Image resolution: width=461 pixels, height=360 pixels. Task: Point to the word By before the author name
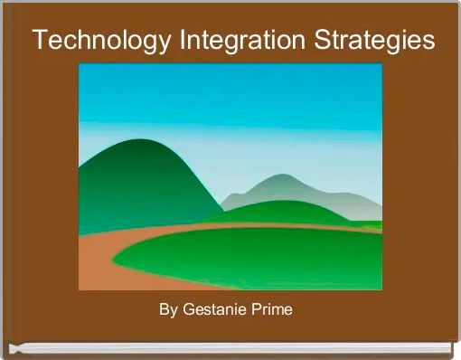coord(168,310)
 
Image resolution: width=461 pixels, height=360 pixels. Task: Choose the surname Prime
coord(273,310)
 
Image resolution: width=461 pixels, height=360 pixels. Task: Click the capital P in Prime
coord(258,310)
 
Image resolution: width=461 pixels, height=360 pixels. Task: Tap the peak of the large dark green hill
coord(136,141)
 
